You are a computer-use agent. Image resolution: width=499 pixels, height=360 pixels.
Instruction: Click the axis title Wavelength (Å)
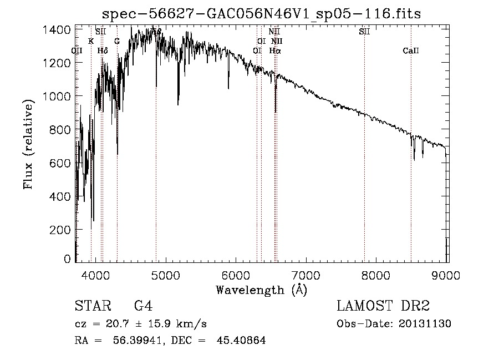click(261, 290)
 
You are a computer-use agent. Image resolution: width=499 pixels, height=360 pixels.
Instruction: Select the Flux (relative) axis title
click(28, 143)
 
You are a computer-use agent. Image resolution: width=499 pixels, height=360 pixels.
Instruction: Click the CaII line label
click(411, 51)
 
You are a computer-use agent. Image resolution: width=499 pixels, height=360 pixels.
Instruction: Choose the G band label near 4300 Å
click(117, 41)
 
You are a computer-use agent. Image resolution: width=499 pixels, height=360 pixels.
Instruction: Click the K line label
click(91, 41)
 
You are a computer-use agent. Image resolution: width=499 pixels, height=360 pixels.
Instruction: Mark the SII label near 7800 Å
click(364, 32)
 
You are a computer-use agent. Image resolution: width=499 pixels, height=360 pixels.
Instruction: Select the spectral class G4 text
click(143, 306)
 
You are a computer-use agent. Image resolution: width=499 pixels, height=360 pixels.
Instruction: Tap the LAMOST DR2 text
click(383, 306)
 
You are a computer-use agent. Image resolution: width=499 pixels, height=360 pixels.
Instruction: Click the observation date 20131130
click(425, 324)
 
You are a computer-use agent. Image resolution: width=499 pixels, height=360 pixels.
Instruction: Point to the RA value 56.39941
click(138, 341)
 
